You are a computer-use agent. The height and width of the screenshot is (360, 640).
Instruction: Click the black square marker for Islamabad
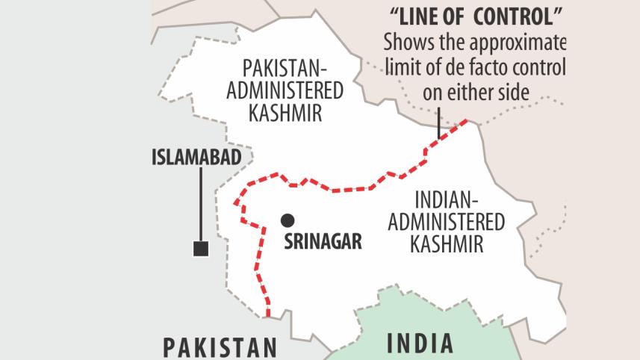(x=200, y=249)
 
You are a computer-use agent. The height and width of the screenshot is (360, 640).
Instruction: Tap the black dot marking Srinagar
(x=287, y=220)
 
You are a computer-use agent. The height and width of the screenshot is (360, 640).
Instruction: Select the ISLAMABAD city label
(x=196, y=158)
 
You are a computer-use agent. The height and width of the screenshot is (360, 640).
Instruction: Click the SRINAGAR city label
(x=323, y=241)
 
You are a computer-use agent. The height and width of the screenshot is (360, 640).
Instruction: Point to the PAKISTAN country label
(x=220, y=347)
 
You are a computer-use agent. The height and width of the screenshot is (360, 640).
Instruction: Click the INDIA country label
(x=420, y=343)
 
